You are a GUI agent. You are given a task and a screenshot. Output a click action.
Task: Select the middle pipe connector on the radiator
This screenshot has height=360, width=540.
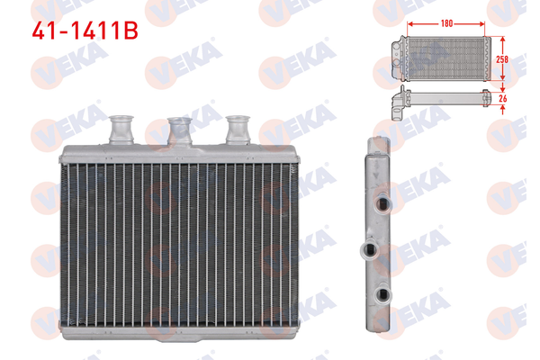[x=180, y=130]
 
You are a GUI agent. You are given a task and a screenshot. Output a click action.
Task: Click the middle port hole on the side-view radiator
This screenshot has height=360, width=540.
[x=368, y=249]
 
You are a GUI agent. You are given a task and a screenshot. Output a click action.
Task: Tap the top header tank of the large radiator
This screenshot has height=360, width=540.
[x=180, y=153]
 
